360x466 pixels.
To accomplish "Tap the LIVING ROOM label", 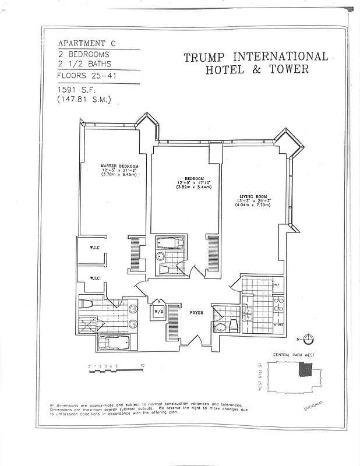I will coord(251,196).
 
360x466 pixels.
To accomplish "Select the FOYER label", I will coord(197,313).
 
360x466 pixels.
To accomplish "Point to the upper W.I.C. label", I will coord(95,247).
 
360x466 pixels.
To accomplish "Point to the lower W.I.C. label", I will coord(95,278).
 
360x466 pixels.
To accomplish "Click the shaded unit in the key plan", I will coord(305,370).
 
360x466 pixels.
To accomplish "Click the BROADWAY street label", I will coord(313,406).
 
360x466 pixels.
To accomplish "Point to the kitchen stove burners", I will coord(278,303).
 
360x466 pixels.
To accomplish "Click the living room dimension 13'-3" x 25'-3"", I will coord(251,202).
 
